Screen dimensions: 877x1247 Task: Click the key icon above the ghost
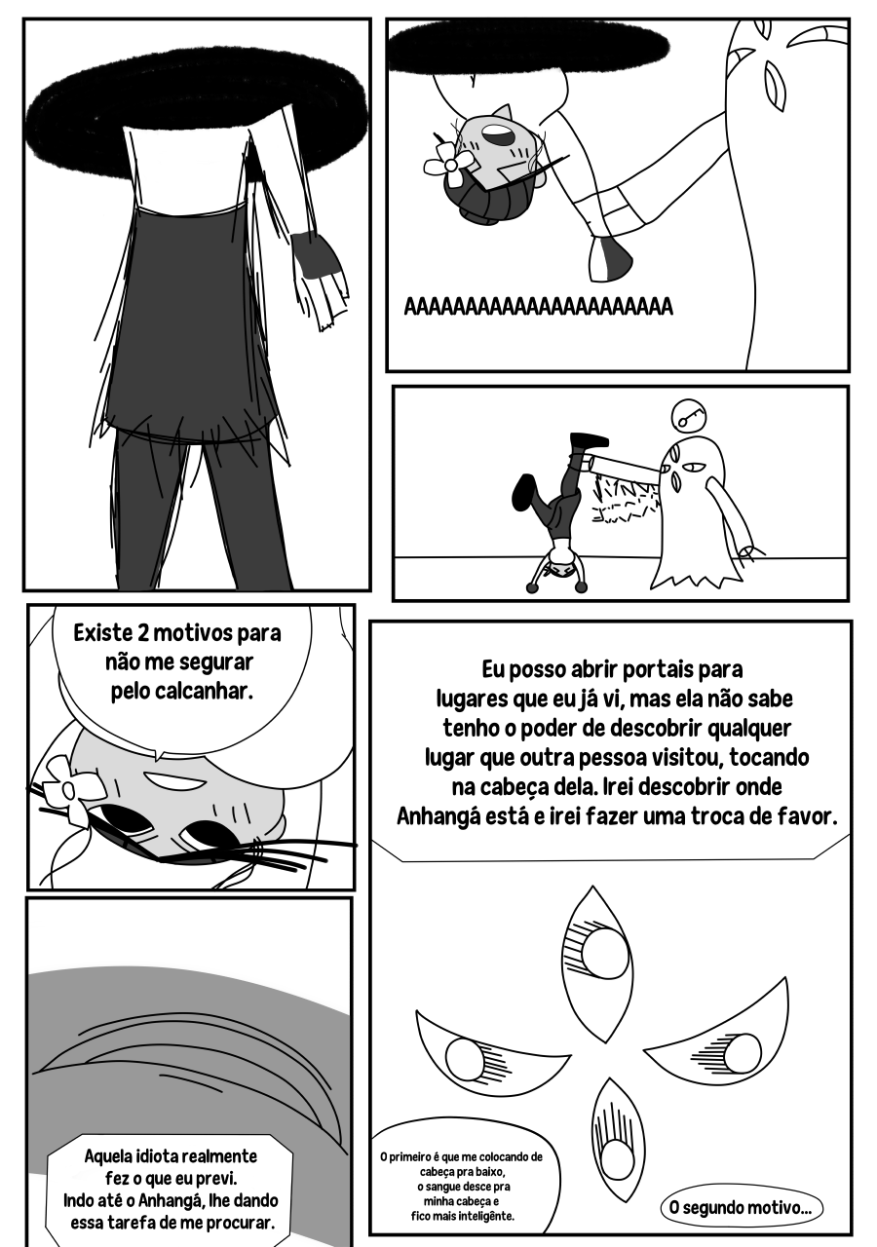(x=689, y=415)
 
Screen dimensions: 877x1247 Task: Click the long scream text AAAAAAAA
(x=539, y=307)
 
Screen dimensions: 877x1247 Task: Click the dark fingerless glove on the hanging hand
(x=315, y=254)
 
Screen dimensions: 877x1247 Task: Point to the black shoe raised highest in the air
(x=587, y=439)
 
